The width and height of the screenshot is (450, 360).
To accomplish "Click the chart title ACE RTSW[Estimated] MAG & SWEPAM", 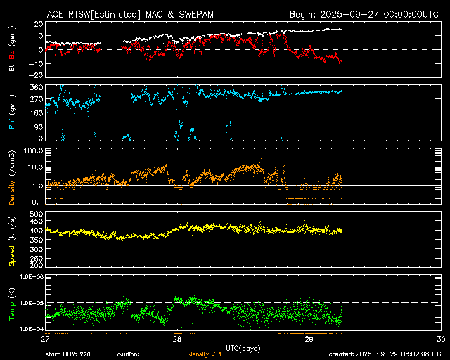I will pos(120,13).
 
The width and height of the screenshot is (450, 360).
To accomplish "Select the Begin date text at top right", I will pos(365,13).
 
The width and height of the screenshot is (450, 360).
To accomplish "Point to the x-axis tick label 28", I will pos(178,339).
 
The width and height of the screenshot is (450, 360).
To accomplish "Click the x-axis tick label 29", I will pos(309,339).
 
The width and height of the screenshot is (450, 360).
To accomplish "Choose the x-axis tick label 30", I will pos(441,339).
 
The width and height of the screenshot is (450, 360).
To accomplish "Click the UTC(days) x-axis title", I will pos(243,347).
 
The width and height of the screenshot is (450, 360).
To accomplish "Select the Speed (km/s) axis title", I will pos(13,240).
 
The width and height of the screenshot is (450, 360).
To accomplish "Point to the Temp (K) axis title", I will pos(13,302).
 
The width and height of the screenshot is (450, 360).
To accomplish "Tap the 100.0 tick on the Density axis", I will pos(33,151).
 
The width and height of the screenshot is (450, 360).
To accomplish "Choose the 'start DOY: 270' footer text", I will pos(71,354).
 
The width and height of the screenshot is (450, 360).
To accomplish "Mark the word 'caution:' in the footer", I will pos(128,354).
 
